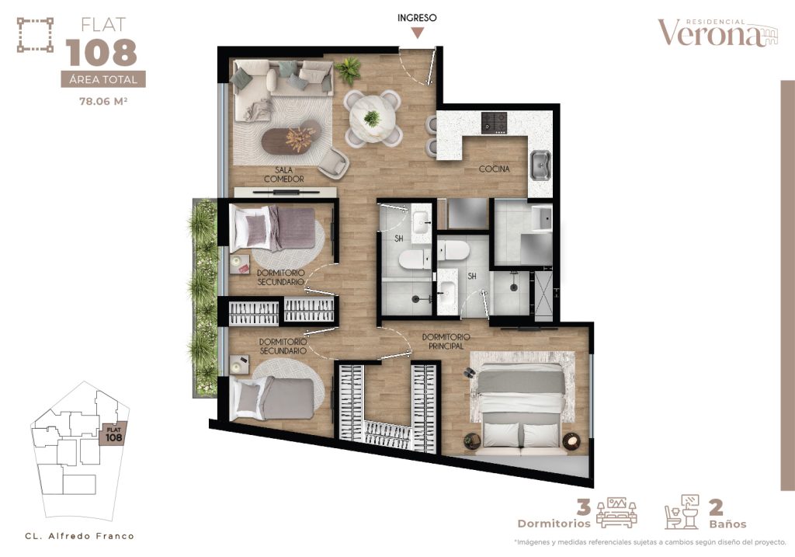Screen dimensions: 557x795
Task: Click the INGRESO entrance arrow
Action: (418, 32)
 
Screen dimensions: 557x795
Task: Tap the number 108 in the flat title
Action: (102, 53)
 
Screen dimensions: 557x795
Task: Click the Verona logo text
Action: (710, 33)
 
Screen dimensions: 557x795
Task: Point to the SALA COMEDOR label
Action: (283, 174)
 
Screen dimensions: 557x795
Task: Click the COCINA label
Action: (494, 169)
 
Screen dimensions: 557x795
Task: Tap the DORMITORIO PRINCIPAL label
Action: (446, 341)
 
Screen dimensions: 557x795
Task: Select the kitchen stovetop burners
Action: (494, 121)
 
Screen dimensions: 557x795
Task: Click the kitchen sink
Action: (540, 164)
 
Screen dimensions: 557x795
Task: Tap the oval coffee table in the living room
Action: (290, 139)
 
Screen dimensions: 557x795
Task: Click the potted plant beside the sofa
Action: (348, 71)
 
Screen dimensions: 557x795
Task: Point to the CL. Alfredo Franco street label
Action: (79, 535)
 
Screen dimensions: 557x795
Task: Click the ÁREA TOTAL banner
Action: (103, 78)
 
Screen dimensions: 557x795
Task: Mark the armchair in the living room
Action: (334, 161)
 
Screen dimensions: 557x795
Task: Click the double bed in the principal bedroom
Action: (521, 409)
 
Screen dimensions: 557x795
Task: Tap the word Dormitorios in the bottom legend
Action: (548, 524)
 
